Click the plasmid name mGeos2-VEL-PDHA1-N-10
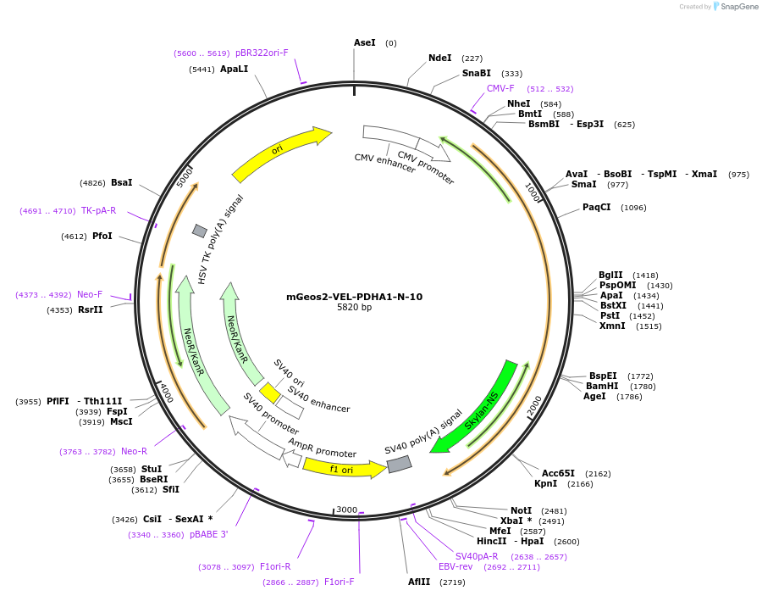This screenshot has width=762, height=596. point(354,297)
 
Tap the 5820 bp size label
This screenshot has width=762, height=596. point(354,308)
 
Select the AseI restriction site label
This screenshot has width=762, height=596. point(364,42)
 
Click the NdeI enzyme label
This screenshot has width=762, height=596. point(440,58)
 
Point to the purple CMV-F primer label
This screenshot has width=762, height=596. point(500,88)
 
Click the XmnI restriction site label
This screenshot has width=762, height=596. point(612,326)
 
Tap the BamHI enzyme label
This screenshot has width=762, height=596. point(601,386)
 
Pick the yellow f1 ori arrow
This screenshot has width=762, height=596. point(343,468)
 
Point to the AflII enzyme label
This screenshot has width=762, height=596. point(419,582)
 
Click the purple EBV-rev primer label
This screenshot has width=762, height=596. point(456,566)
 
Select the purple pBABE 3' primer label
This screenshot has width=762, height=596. point(208,534)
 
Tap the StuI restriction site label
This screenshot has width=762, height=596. point(152,469)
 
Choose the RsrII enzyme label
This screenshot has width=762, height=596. point(90,309)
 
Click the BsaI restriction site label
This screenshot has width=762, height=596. point(122,182)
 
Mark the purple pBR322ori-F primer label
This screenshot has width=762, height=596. point(262,53)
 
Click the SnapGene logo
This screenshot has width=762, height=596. point(736,7)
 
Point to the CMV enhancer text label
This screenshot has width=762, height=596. point(384,163)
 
